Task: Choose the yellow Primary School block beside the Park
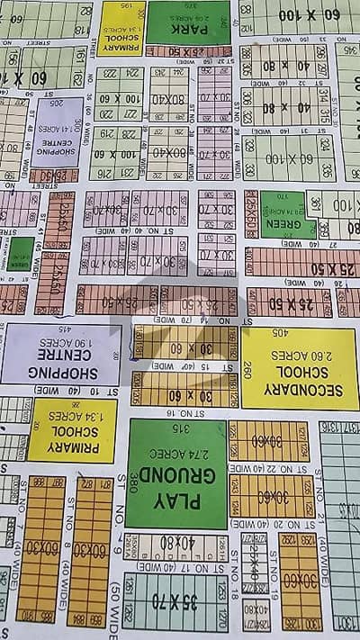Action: [x=122, y=27]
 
